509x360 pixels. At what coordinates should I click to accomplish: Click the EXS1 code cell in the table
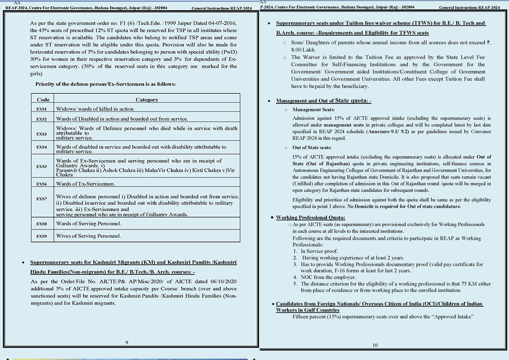click(42, 109)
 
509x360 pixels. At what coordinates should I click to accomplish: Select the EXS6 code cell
click(42, 184)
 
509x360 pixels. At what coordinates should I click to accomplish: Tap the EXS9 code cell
click(42, 236)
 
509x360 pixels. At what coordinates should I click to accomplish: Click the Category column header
click(147, 100)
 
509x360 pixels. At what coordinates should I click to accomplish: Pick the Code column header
click(43, 100)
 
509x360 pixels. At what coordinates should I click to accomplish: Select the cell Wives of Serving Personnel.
click(88, 236)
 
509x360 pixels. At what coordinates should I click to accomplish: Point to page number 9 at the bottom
click(126, 342)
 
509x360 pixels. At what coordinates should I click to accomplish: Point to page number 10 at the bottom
click(375, 345)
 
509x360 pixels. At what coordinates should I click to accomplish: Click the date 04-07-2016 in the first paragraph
click(221, 24)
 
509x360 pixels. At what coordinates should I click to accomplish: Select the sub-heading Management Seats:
click(314, 110)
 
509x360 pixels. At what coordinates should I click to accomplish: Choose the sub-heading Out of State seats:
click(312, 148)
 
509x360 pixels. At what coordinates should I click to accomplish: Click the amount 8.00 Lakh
click(303, 49)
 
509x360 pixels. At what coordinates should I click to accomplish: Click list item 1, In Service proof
click(319, 251)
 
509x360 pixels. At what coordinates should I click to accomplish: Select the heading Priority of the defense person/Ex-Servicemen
click(106, 84)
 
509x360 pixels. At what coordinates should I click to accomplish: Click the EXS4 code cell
click(42, 147)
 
